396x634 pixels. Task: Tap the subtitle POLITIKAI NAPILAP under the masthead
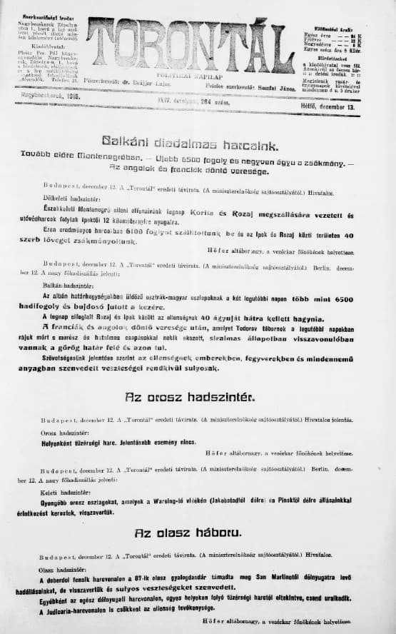point(191,74)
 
